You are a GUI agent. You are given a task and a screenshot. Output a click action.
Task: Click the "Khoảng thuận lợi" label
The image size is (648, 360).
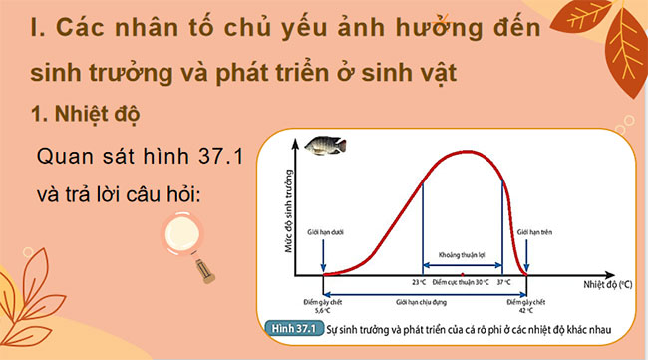tap(462, 256)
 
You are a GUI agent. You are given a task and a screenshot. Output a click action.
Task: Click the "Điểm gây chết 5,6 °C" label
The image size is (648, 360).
tap(321, 304)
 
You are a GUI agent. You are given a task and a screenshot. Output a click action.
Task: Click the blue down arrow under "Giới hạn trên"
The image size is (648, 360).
tap(525, 257)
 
